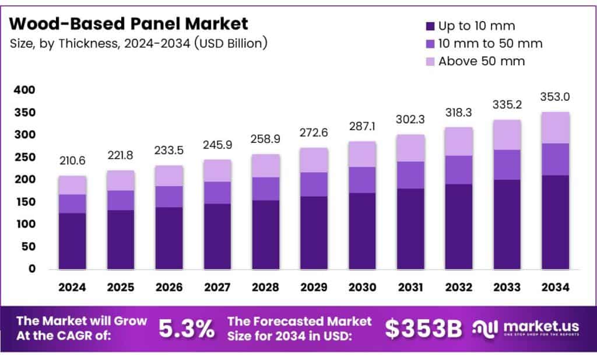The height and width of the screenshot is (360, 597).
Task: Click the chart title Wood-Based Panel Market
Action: [129, 24]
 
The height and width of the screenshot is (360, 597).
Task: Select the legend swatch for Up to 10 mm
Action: [430, 26]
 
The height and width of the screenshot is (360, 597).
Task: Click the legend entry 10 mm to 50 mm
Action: [490, 44]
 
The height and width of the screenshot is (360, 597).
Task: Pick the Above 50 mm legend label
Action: [482, 61]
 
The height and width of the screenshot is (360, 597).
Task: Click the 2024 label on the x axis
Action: [72, 288]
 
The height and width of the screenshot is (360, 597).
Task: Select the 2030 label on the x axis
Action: [362, 288]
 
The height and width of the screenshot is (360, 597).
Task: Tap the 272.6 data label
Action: [314, 134]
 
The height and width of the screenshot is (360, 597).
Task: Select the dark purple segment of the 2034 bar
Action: [555, 222]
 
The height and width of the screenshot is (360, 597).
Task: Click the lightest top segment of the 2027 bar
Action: [217, 170]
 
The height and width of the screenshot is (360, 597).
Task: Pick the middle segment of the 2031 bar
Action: [410, 175]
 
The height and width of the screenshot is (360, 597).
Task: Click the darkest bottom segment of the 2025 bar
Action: [121, 239]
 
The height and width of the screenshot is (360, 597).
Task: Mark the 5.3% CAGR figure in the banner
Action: [187, 330]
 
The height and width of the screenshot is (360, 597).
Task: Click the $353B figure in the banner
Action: [423, 330]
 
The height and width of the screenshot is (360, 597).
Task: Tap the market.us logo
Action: [525, 330]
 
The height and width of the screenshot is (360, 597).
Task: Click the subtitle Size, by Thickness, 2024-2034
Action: [139, 44]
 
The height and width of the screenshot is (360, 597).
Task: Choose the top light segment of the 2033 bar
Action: [507, 135]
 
